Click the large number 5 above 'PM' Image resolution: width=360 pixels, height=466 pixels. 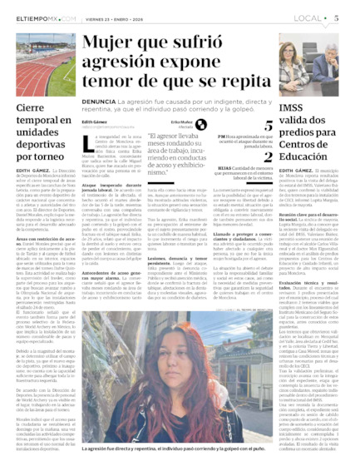click(x=269, y=126)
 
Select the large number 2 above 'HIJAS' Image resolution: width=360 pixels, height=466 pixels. click(x=269, y=156)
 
